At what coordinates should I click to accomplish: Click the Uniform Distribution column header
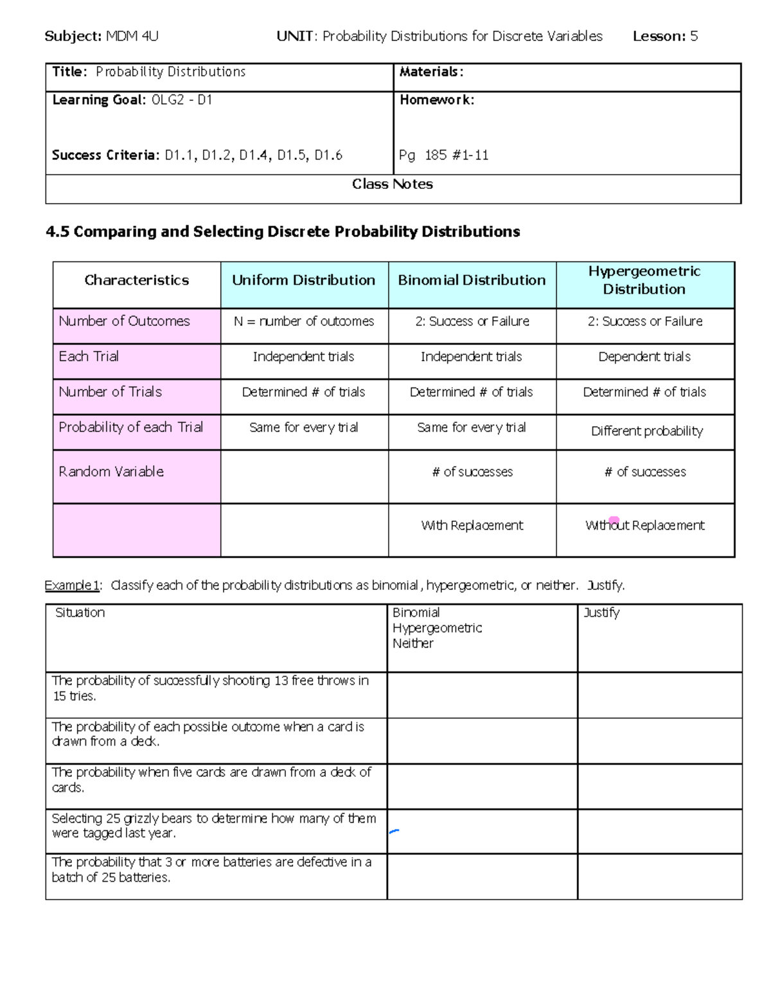(x=304, y=280)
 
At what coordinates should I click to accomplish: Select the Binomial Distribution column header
(x=472, y=280)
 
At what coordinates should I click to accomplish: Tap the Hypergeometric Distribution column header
(x=644, y=280)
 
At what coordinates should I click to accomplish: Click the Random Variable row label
(x=111, y=472)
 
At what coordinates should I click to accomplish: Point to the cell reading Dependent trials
(x=644, y=357)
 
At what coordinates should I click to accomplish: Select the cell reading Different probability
(x=647, y=431)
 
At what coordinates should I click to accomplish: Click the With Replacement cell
(x=472, y=526)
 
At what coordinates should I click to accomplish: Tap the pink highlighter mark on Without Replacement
(x=614, y=520)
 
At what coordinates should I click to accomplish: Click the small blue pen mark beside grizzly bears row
(x=394, y=832)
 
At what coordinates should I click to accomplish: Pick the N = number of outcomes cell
(x=304, y=321)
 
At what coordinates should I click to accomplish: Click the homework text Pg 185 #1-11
(x=444, y=155)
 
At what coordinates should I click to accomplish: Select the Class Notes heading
(x=393, y=184)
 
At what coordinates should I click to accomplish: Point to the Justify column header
(x=601, y=613)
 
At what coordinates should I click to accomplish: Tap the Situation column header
(x=80, y=613)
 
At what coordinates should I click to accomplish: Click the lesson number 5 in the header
(x=694, y=37)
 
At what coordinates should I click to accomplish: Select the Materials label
(x=431, y=72)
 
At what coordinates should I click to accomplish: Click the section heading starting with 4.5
(x=283, y=232)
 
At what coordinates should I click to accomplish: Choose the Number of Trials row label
(x=110, y=392)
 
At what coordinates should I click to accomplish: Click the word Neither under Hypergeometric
(x=412, y=644)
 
